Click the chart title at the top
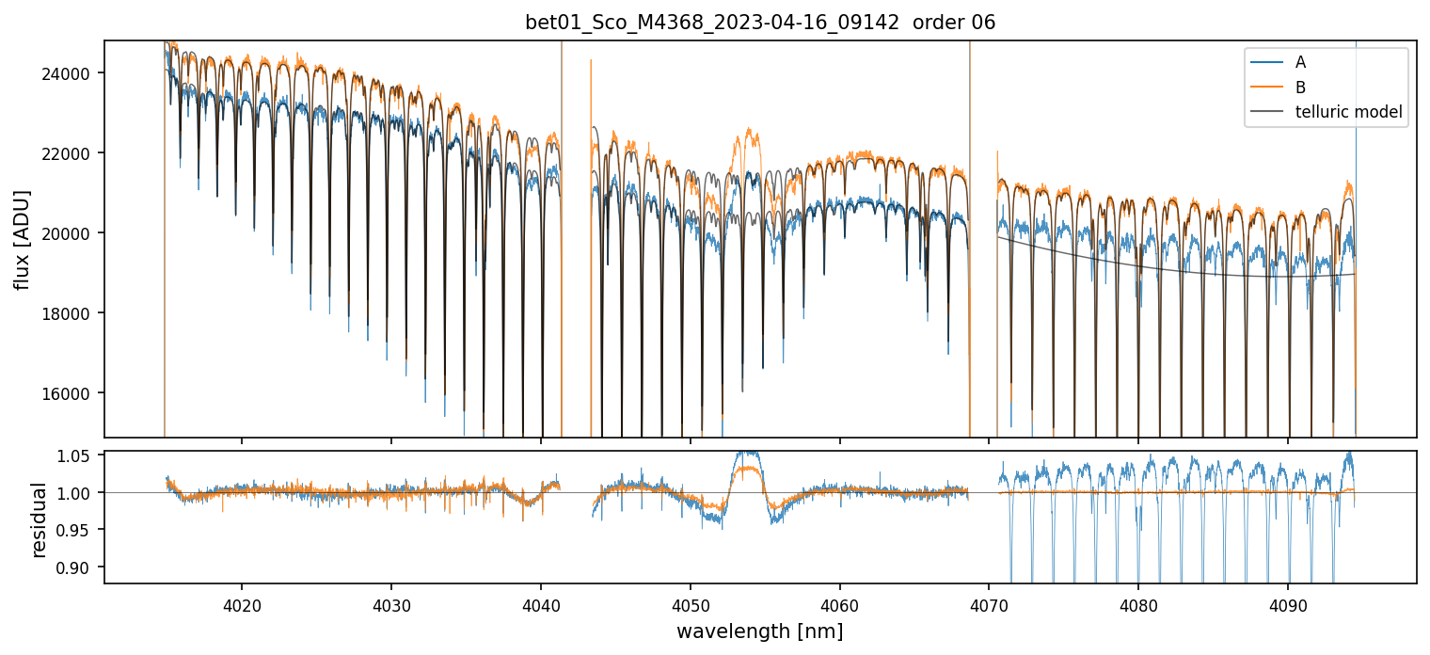coord(760,23)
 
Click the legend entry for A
coord(1300,62)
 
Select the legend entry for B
coord(1300,88)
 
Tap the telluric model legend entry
coord(1348,112)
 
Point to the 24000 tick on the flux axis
coord(75,73)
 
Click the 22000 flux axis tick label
coord(75,153)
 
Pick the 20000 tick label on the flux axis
coord(75,233)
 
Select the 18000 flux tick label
coord(75,313)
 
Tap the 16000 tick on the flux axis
coord(75,393)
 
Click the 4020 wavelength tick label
coord(242,605)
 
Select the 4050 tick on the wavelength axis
coord(690,605)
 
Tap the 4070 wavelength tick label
coord(989,605)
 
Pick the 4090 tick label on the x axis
coord(1287,605)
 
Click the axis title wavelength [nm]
coord(760,631)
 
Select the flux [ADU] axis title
coord(23,239)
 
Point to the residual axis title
coord(40,519)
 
